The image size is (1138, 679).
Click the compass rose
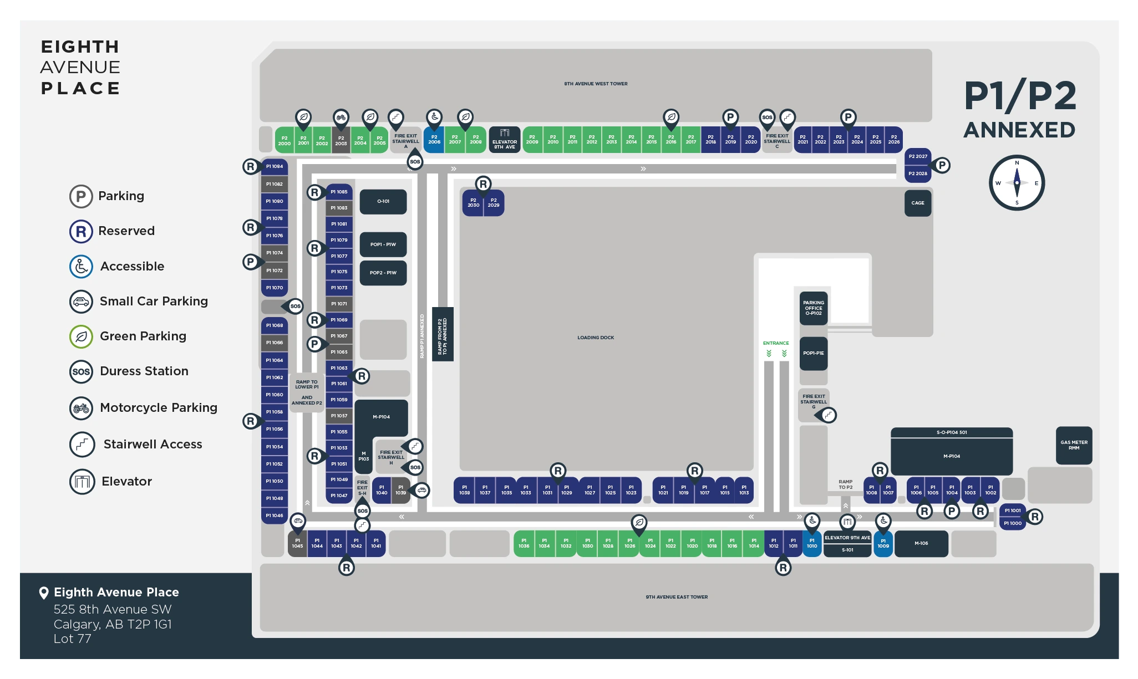(1017, 183)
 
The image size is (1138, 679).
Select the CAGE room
(917, 203)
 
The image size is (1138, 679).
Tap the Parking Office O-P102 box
(813, 308)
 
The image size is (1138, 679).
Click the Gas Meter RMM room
(1074, 445)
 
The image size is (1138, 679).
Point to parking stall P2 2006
(434, 140)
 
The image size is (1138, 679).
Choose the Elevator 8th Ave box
(504, 140)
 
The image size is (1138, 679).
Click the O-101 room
(383, 202)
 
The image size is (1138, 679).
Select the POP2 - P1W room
(383, 273)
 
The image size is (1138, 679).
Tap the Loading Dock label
(596, 338)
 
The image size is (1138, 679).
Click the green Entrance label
(776, 343)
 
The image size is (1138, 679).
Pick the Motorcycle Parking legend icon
(81, 409)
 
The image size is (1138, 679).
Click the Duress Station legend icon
(81, 372)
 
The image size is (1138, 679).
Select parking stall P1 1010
(812, 543)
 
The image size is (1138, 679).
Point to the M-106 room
(921, 544)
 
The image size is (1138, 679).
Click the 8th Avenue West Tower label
(596, 84)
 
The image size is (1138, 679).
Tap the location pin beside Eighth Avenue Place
(44, 593)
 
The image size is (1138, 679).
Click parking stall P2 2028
(918, 173)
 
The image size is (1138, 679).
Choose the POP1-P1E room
(813, 353)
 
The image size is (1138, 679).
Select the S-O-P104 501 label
(952, 432)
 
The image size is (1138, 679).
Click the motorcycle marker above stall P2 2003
(341, 118)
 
